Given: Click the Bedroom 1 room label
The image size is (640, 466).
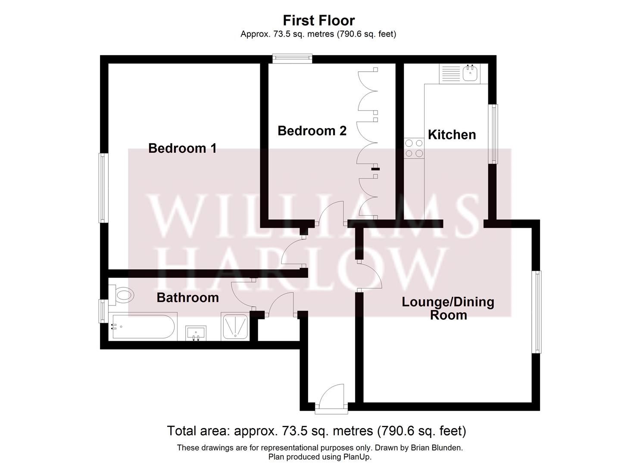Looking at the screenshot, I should [182, 148].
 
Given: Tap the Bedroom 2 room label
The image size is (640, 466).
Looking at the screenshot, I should [312, 131].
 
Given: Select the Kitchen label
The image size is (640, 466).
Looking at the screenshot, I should [452, 135].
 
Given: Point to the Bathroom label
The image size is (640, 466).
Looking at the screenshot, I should [187, 298].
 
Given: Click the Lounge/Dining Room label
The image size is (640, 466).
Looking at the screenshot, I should [448, 308].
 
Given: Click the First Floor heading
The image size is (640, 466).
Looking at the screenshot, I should [318, 20].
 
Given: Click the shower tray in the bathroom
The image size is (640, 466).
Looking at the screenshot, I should [235, 326].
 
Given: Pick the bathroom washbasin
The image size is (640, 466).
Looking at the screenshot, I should [196, 333].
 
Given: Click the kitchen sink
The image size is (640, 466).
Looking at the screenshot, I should [469, 73].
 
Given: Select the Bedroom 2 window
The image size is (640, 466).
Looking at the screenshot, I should [292, 58].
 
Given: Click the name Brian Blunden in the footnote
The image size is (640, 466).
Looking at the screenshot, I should [436, 448].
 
